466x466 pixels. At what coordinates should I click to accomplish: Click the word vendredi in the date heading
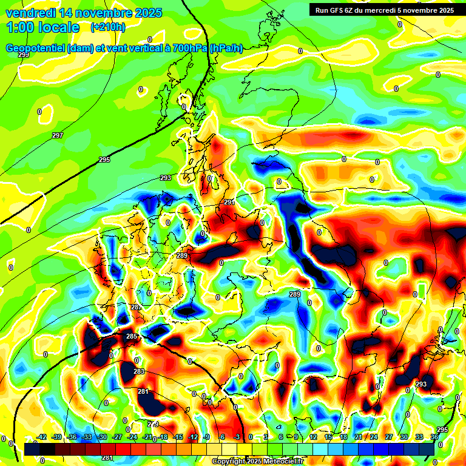click(x=30, y=13)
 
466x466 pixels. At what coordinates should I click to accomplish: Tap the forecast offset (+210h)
click(x=108, y=27)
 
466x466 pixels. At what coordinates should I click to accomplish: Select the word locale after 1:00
click(x=59, y=27)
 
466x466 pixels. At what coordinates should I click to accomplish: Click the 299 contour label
click(x=23, y=55)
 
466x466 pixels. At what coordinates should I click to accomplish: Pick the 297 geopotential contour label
click(x=58, y=135)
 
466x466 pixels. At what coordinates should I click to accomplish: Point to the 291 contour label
click(x=229, y=202)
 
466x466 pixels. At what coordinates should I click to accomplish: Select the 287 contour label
click(x=136, y=308)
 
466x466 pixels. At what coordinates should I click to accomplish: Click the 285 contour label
click(x=131, y=336)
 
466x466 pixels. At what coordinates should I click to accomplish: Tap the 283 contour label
click(x=139, y=371)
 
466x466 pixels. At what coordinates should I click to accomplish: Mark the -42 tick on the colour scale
click(x=42, y=437)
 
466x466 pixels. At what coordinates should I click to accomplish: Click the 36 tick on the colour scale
click(x=434, y=437)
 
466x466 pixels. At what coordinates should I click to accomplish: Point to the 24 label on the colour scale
click(x=374, y=437)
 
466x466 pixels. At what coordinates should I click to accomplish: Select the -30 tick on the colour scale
click(x=102, y=437)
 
